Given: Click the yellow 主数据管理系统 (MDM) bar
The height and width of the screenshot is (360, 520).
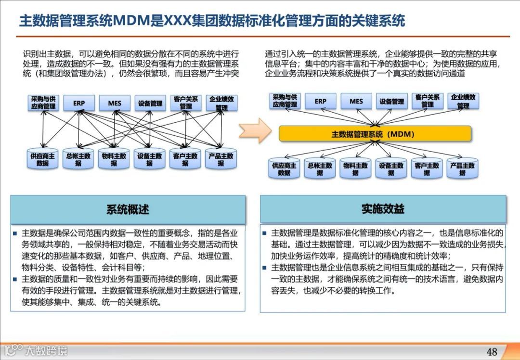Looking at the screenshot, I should click(375, 134).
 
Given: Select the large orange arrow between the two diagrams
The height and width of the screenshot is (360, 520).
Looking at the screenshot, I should click(256, 130).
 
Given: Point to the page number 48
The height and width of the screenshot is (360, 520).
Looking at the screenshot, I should click(492, 351).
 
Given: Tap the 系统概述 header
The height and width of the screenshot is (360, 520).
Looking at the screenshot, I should click(128, 209).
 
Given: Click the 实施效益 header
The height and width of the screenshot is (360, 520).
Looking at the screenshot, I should click(383, 208).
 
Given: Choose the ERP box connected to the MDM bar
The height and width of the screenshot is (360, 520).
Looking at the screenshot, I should click(320, 102).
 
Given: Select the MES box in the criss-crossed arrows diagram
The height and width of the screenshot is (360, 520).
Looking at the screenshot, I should click(115, 103).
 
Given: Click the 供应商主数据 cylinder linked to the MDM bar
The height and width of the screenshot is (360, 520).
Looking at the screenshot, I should click(284, 169).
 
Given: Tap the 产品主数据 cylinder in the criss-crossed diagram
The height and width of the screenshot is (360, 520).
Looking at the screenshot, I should click(221, 159).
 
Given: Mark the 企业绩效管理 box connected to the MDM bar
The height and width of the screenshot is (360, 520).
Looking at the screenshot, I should click(463, 101).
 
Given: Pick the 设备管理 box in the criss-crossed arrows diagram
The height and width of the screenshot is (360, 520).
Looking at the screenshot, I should click(150, 103).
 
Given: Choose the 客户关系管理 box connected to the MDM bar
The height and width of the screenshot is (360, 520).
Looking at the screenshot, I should click(428, 101).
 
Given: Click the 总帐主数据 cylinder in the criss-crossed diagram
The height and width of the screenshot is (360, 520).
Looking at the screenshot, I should click(78, 159).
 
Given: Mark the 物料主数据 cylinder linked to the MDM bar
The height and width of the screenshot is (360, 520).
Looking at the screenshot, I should click(355, 169).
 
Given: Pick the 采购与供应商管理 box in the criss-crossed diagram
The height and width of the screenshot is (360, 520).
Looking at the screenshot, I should click(43, 103).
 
